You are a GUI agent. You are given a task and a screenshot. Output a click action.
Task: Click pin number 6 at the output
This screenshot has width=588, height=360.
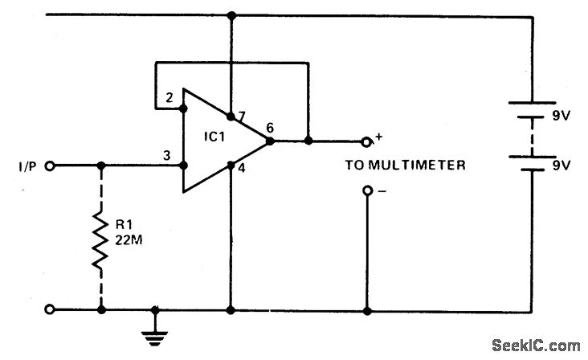pyautogui.click(x=270, y=127)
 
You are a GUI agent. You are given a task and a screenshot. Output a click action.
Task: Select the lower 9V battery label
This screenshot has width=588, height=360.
pyautogui.click(x=559, y=166)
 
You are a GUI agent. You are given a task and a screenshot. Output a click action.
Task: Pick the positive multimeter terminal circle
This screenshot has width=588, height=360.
pyautogui.click(x=366, y=141)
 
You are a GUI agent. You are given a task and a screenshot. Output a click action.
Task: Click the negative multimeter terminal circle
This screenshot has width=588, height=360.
pyautogui.click(x=366, y=191)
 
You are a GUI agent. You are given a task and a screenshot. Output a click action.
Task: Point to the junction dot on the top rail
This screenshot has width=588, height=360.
pyautogui.click(x=231, y=14)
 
